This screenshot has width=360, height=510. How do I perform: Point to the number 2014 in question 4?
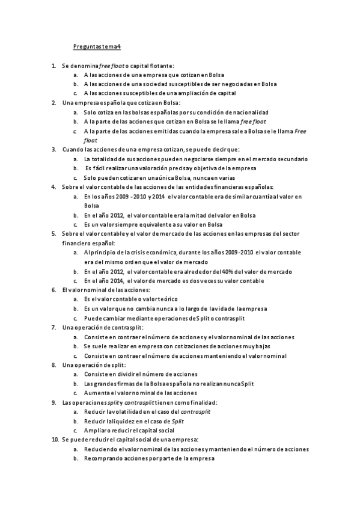coord(159,196)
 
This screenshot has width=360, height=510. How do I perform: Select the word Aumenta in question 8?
coord(96,392)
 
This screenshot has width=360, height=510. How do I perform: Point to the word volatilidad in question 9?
coord(132,411)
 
